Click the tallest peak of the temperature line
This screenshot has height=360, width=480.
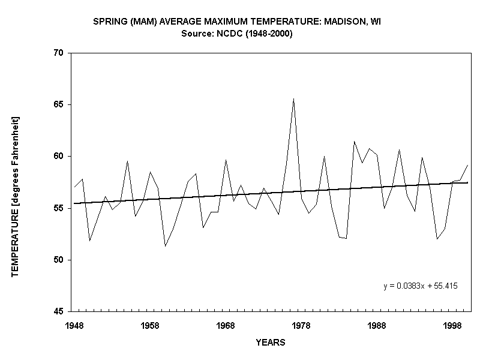pos(293,99)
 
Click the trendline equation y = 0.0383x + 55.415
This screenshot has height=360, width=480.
pos(421,286)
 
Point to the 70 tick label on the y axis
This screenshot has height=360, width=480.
pos(58,53)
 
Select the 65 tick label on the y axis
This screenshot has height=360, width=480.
pos(58,104)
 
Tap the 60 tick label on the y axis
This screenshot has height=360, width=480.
pos(58,156)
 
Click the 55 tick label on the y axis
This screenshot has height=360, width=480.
pos(58,208)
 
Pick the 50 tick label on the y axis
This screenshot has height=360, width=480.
pos(58,260)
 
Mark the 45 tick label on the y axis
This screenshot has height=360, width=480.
pos(58,311)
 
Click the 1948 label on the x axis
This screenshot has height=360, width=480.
pos(74,325)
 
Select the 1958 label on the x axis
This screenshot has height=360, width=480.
pos(150,325)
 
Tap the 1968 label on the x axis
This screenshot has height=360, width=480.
pos(226,325)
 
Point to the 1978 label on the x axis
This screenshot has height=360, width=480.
pos(301,325)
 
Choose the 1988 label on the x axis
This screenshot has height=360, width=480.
pos(377,325)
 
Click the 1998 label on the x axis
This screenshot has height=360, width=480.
pos(452,325)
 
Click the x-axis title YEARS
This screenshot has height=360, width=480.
pos(270,343)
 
